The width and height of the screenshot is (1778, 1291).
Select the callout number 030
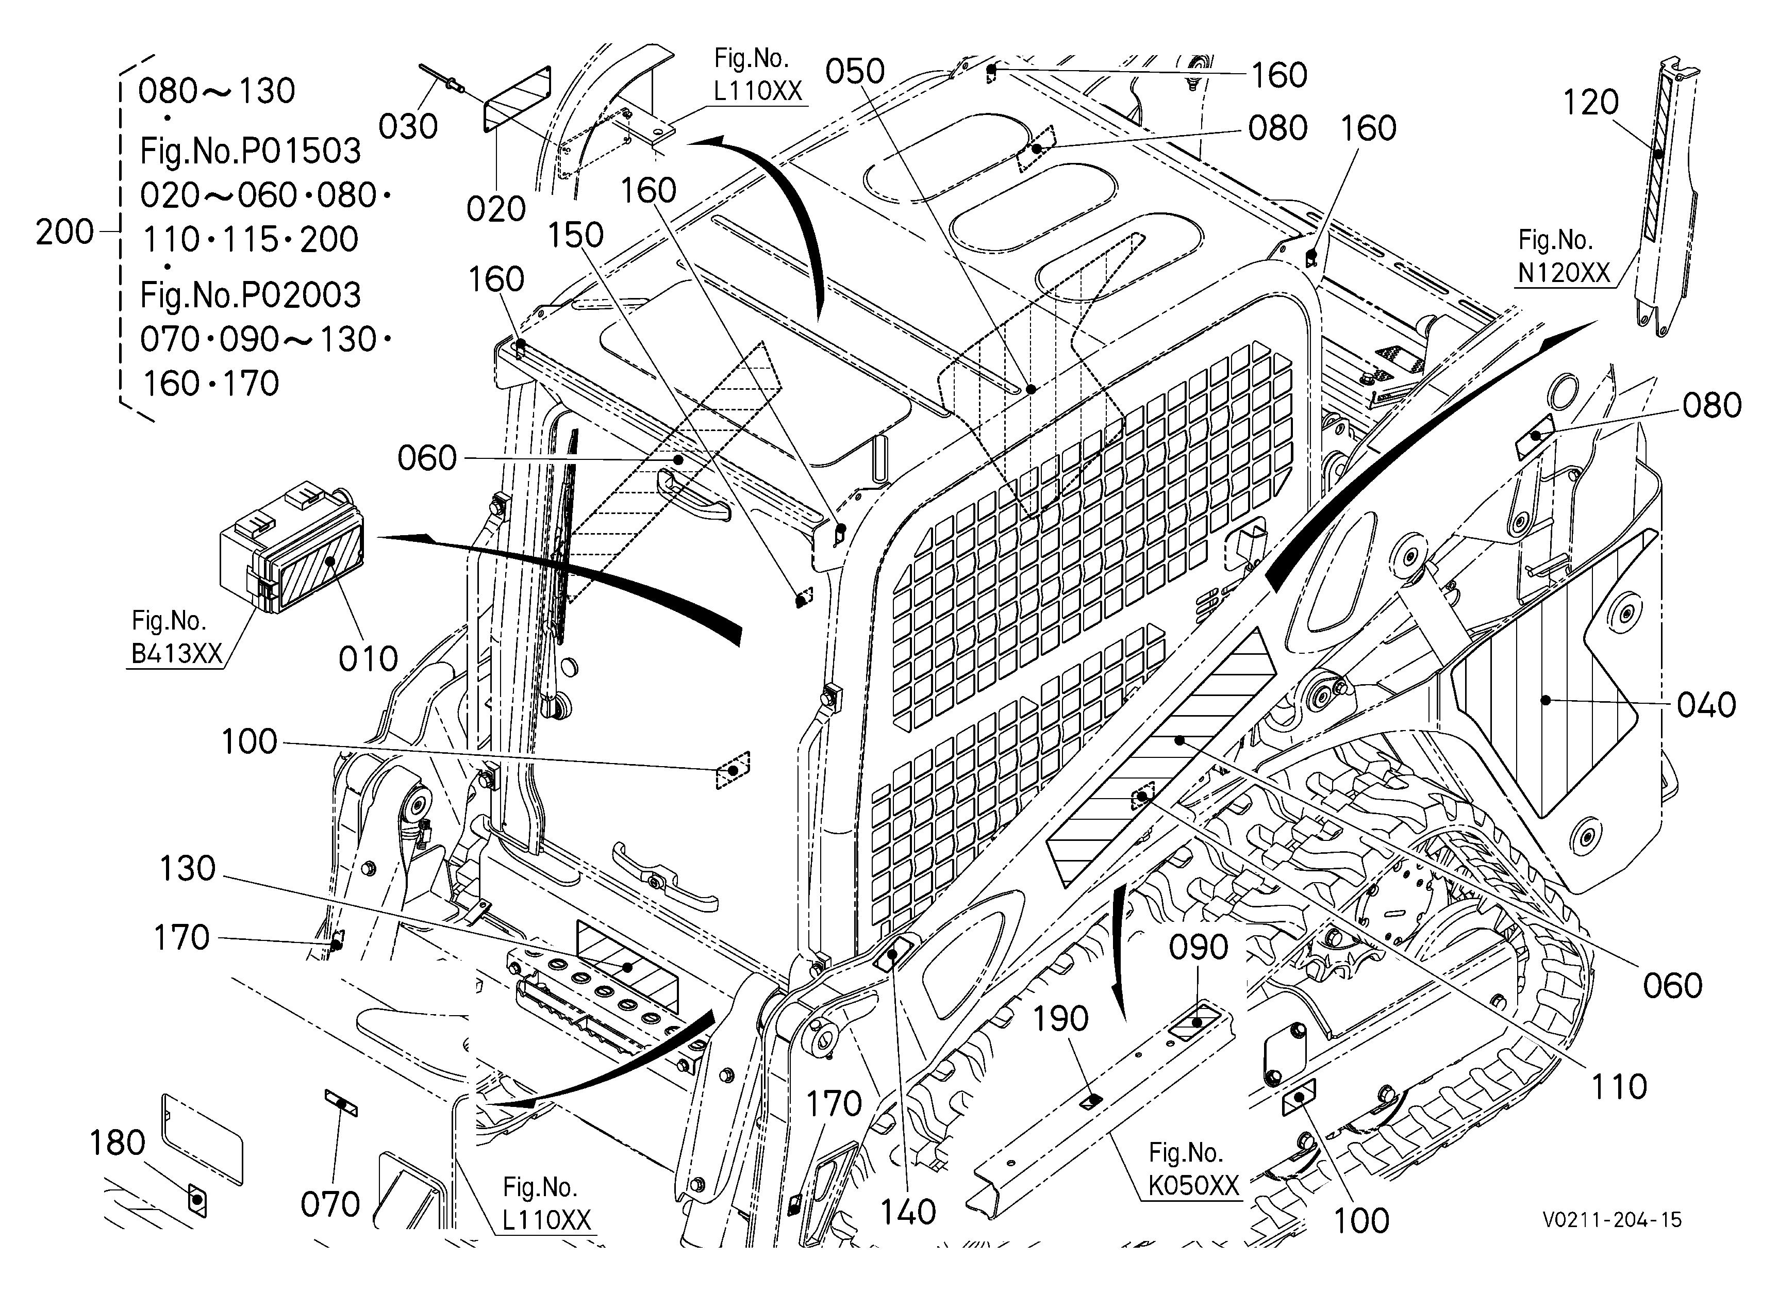(x=408, y=126)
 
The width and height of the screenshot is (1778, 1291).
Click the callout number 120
(x=1591, y=102)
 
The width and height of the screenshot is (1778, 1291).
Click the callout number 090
(x=1199, y=948)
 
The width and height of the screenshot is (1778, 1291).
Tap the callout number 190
(x=1061, y=1019)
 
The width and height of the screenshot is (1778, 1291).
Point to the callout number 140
(x=908, y=1213)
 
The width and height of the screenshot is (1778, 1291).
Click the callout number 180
(x=117, y=1144)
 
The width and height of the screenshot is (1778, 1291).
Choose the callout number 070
(x=330, y=1205)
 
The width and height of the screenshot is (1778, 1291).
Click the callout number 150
(x=575, y=235)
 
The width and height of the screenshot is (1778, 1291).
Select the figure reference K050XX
(x=1194, y=1186)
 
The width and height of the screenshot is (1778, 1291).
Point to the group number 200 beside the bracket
(x=64, y=233)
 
